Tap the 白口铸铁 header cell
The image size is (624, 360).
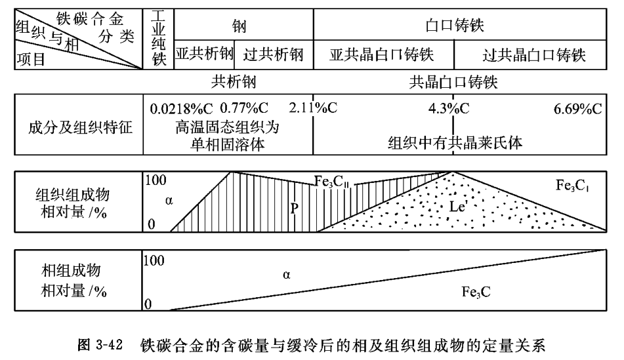(458, 24)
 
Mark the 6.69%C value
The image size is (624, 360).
(577, 108)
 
